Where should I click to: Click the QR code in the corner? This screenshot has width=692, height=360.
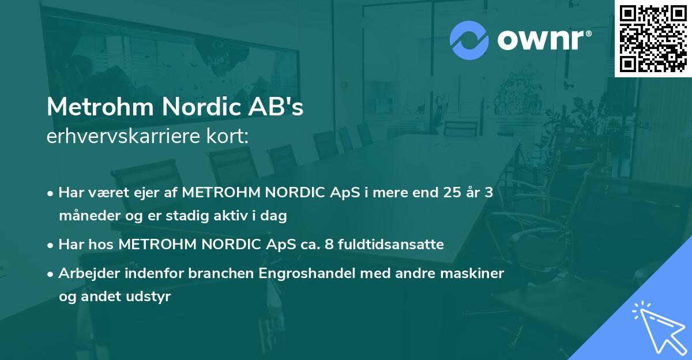point(653,38)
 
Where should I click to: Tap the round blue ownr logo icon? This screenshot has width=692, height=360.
point(469,40)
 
